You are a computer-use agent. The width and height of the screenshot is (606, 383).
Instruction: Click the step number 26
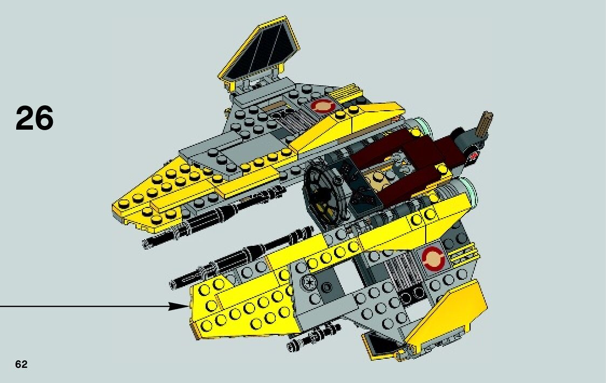(x=35, y=118)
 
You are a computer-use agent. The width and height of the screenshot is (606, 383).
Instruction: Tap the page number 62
(x=21, y=365)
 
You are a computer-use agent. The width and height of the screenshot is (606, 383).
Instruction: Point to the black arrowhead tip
(x=186, y=306)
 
